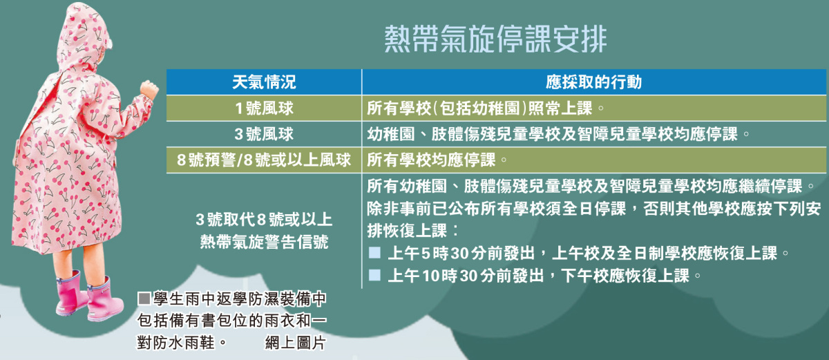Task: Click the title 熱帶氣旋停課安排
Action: coord(495,39)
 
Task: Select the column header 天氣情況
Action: coord(264,82)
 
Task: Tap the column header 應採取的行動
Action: coord(593,82)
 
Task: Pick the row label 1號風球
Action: coord(264,108)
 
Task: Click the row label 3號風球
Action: coord(264,134)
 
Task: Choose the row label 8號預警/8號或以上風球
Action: coord(263,160)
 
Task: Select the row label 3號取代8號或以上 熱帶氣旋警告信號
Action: coord(264,231)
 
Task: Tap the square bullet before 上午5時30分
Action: coord(374,253)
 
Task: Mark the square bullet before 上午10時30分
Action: coord(374,275)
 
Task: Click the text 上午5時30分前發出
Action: coord(461,254)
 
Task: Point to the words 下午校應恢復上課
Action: coord(625,276)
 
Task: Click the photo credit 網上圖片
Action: coord(296,343)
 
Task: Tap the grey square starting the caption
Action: coord(144,299)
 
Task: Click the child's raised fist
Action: coord(149,89)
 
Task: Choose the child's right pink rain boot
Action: coord(104,300)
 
